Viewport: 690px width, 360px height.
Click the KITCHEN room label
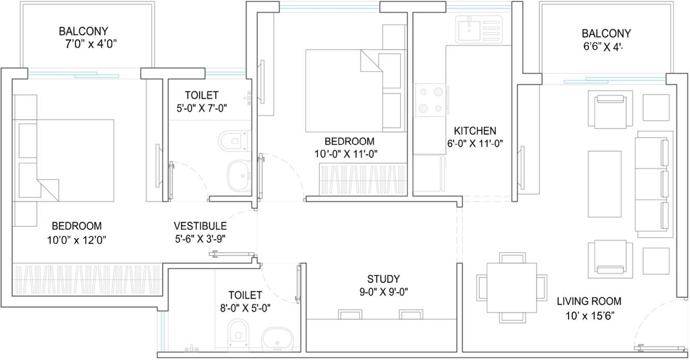(x=475, y=131)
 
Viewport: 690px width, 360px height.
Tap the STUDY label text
(x=383, y=279)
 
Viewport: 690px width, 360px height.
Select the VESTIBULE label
(x=200, y=226)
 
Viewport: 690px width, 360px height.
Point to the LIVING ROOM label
(x=589, y=301)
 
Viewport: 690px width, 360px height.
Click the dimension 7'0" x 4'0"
(x=90, y=44)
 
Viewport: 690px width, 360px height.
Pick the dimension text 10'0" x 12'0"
(x=77, y=240)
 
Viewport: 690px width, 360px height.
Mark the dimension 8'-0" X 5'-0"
(x=245, y=308)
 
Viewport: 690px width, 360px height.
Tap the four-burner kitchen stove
(x=430, y=100)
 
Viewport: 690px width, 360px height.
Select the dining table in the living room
(x=512, y=288)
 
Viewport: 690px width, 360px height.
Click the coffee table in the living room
(x=604, y=184)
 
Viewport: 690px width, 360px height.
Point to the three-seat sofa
(x=654, y=184)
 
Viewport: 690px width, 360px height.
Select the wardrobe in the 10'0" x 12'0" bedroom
(x=87, y=279)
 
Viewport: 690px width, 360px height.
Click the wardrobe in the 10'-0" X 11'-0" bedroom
(x=364, y=180)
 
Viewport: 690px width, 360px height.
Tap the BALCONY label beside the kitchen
(x=606, y=33)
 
